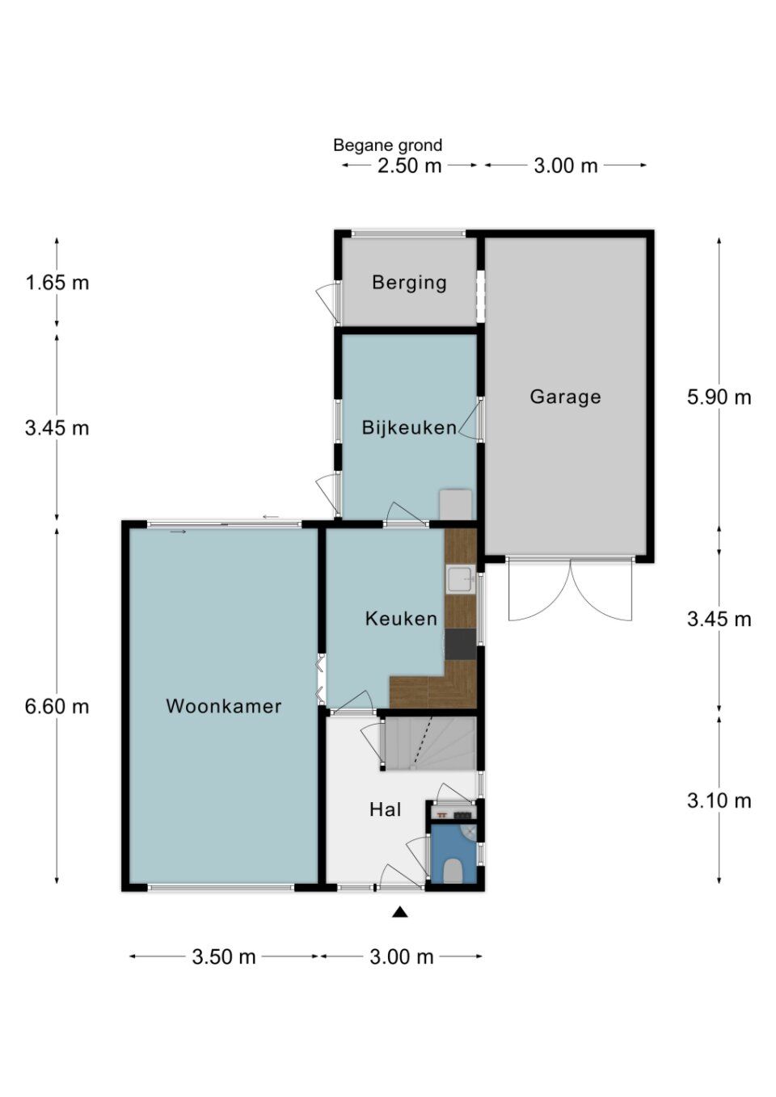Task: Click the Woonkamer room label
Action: pos(223,706)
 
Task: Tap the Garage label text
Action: pos(565,397)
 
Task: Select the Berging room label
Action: pos(409,283)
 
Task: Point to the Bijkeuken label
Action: pos(409,427)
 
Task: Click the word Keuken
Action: pos(401,619)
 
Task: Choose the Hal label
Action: pos(385,809)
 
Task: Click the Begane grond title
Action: pos(387,145)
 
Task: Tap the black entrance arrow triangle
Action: pos(399,912)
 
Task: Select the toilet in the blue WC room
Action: pos(453,870)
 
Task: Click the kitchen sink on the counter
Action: pos(461,580)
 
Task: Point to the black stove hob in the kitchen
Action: pos(461,645)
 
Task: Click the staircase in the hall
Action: pos(428,743)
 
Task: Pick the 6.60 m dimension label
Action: pos(57,706)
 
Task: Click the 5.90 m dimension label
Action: pos(719,397)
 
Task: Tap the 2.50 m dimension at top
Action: pos(409,166)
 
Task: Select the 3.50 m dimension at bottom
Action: pos(223,956)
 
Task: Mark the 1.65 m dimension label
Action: pos(57,283)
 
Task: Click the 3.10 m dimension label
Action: pos(719,801)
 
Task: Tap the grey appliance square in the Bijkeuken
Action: pos(456,505)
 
